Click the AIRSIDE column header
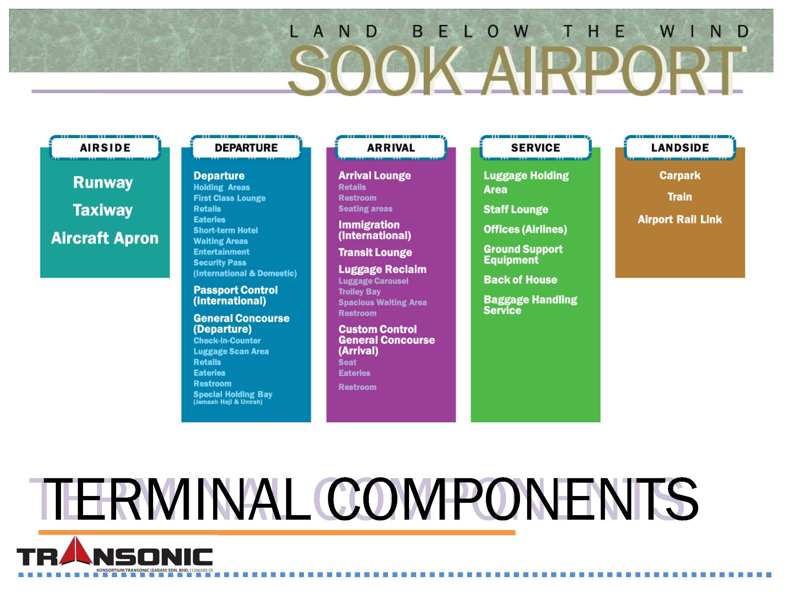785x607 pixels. (105, 147)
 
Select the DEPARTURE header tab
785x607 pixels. (246, 147)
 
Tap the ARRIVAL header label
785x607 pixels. (391, 147)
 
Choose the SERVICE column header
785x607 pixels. (536, 147)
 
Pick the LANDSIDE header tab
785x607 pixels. (680, 147)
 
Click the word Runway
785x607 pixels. (103, 183)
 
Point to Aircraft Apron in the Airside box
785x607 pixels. (104, 238)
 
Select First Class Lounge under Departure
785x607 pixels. (229, 198)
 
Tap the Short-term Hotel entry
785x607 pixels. (225, 230)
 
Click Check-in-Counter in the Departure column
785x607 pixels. (227, 341)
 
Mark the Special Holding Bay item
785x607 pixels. (233, 394)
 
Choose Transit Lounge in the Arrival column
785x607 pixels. (375, 253)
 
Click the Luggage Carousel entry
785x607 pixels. (373, 281)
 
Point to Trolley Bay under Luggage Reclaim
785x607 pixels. (359, 291)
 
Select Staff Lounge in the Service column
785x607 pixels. (516, 209)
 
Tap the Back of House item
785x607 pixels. (520, 280)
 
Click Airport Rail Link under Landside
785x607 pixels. (680, 219)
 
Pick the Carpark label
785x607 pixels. (680, 176)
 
